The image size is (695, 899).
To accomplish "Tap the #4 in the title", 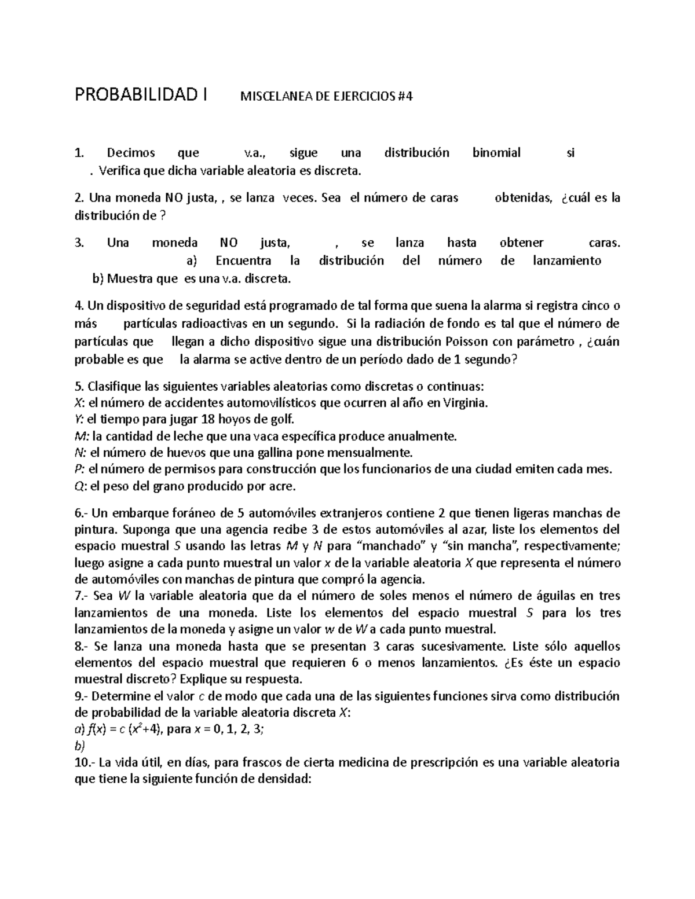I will click(x=406, y=97).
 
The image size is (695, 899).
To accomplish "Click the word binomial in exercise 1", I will click(x=496, y=153).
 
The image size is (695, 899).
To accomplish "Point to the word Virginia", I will click(x=463, y=403).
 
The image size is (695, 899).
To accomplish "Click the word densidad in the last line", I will click(x=282, y=779).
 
